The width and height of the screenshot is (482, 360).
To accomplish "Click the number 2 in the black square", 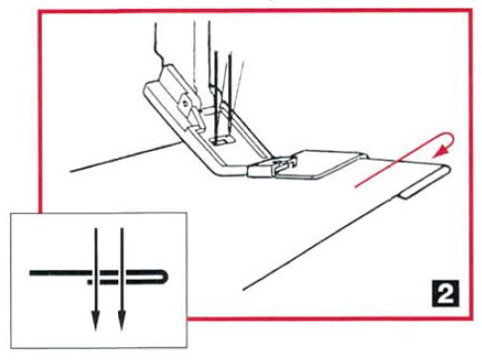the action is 445,293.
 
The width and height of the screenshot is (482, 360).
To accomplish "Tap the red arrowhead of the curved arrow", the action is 442,152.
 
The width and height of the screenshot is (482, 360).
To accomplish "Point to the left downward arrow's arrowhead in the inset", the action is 95,319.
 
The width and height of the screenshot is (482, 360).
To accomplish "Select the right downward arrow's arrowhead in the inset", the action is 122,319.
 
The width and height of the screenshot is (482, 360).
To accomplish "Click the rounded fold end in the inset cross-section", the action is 165,277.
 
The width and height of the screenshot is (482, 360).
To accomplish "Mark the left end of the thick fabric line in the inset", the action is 31,273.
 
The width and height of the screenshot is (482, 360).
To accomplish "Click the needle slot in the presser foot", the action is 221,141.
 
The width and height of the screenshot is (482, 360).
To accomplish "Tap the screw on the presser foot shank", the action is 186,104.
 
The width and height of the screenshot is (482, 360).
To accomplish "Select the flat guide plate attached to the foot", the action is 319,165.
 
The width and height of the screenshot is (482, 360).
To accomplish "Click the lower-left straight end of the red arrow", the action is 356,187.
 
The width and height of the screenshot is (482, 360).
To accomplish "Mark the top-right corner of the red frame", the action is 471,11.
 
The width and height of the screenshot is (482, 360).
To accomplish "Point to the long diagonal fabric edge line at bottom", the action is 317,244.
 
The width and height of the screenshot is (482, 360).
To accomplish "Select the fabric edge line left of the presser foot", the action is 126,156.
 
